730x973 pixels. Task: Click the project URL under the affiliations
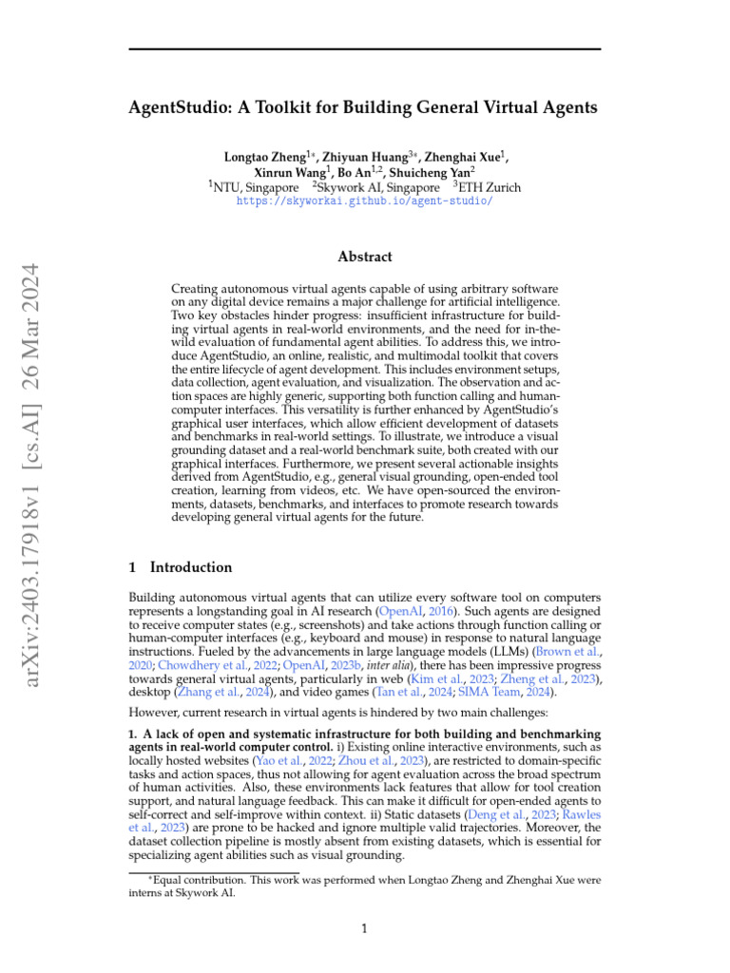tap(364, 202)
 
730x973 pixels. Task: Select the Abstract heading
tap(365, 257)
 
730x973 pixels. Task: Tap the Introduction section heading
tap(190, 567)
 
